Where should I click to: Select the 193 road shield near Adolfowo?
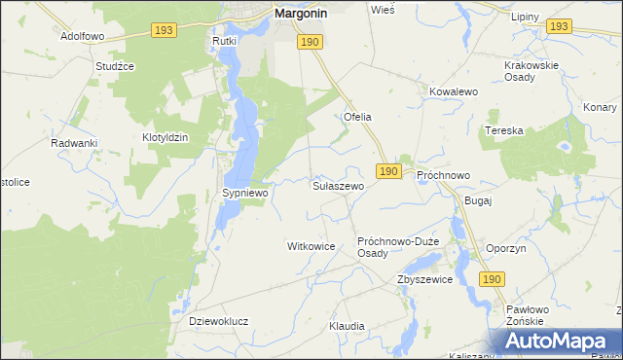pos(164,31)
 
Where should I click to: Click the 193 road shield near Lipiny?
pos(558,26)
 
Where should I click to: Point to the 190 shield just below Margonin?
pos(310,42)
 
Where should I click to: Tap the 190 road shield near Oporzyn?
pos(492,279)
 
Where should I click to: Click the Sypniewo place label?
pos(244,194)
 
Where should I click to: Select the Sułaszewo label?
pos(338,185)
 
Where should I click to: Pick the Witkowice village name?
pos(311,246)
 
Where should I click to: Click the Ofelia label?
pos(357,117)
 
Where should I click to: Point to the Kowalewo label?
pos(452,90)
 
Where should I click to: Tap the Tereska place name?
pos(504,130)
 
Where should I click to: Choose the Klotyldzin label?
pos(165,138)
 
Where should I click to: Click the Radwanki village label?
pos(74,143)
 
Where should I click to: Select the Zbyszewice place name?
pos(424,279)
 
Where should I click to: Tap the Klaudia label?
pos(347,326)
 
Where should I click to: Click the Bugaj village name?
pos(479,199)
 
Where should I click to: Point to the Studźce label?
pos(114,66)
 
